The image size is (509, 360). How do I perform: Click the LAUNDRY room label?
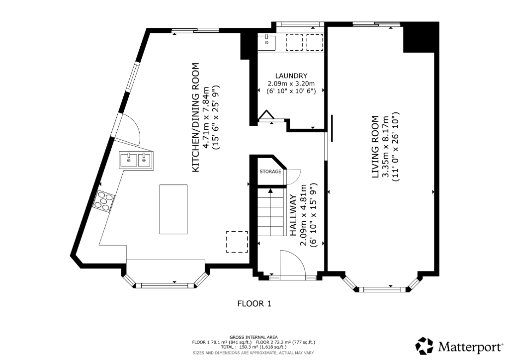pos(291,76)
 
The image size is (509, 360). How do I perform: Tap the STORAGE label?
pos(270,172)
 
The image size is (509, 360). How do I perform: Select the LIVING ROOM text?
pos(375,147)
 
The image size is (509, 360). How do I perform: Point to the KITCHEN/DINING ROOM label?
pos(196,117)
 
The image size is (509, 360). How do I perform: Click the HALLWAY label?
pos(293,215)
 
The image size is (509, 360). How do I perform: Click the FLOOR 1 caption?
pos(254,304)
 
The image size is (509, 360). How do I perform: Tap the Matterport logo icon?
pos(424,346)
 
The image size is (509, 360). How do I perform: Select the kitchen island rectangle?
pos(173,209)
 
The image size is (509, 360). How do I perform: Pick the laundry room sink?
pos(266,43)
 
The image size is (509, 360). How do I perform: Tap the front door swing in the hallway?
pos(292,264)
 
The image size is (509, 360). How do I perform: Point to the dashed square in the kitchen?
pos(237,242)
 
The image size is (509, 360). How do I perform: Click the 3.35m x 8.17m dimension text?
pos(386,147)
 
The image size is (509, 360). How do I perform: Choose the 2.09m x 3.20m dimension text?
pos(291,84)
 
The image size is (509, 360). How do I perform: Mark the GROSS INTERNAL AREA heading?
pos(254,337)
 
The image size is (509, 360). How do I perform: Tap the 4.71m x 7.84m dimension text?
pos(206,117)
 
